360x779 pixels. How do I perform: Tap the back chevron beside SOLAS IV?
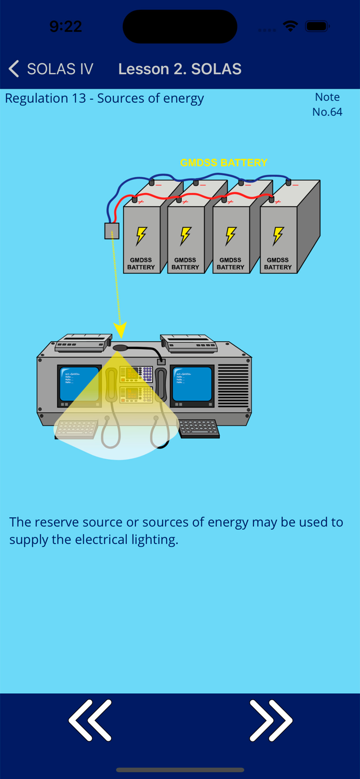[x=14, y=69]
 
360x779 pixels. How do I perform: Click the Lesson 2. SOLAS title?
[x=180, y=69]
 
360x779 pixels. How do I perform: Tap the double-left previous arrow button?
[x=90, y=720]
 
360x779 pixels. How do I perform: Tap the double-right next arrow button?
[x=271, y=720]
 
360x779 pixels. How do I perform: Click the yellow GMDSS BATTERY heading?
[x=223, y=163]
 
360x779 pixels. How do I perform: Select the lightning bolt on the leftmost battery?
[x=141, y=236]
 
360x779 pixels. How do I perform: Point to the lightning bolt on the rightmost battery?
[x=278, y=236]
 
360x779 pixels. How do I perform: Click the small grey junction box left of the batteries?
[x=112, y=231]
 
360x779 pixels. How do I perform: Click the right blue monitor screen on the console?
[x=192, y=384]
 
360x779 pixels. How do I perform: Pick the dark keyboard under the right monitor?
[x=199, y=429]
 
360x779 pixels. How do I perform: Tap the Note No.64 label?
[x=327, y=104]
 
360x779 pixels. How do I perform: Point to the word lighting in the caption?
[x=154, y=540]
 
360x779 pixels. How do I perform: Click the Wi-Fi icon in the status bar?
[x=290, y=26]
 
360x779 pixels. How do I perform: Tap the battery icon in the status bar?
[x=317, y=26]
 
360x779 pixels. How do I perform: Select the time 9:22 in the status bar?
[x=65, y=26]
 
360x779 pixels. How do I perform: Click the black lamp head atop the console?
[x=122, y=348]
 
